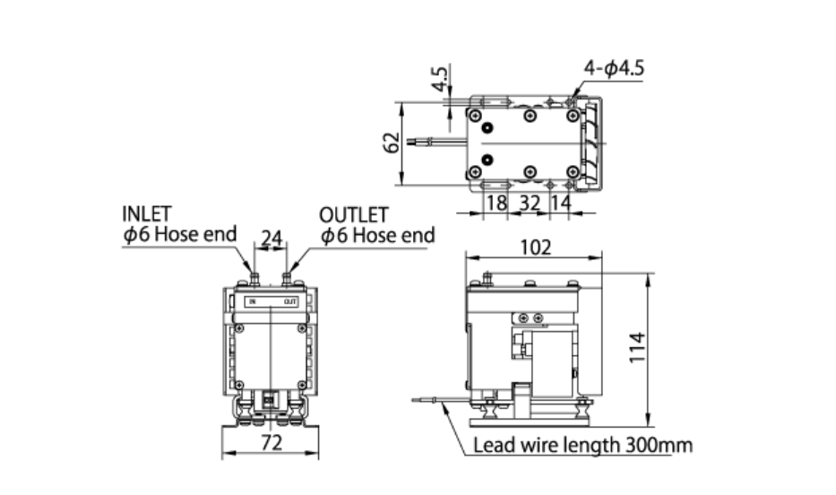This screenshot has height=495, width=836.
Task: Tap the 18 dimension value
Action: pyautogui.click(x=496, y=203)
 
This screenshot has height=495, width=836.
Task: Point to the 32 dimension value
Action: pyautogui.click(x=530, y=203)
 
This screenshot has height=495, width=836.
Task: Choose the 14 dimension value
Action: pyautogui.click(x=560, y=203)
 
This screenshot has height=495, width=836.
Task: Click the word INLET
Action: pyautogui.click(x=147, y=215)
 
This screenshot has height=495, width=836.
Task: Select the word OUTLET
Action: pyautogui.click(x=355, y=215)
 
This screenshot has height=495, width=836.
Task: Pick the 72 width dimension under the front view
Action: pyautogui.click(x=271, y=442)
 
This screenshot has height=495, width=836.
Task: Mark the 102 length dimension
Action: pyautogui.click(x=535, y=247)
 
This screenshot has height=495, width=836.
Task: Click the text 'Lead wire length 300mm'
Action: pyautogui.click(x=582, y=445)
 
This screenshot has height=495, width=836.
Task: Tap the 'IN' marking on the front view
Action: pyautogui.click(x=254, y=301)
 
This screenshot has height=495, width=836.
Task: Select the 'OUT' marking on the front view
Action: pyautogui.click(x=289, y=301)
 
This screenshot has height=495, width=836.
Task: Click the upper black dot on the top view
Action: pyautogui.click(x=487, y=128)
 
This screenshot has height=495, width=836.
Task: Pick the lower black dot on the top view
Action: pyautogui.click(x=487, y=160)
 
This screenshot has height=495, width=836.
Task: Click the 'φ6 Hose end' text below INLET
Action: pyautogui.click(x=180, y=235)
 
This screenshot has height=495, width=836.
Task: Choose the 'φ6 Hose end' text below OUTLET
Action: pyautogui.click(x=377, y=235)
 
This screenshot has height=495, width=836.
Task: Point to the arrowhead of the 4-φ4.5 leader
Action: pyautogui.click(x=573, y=100)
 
